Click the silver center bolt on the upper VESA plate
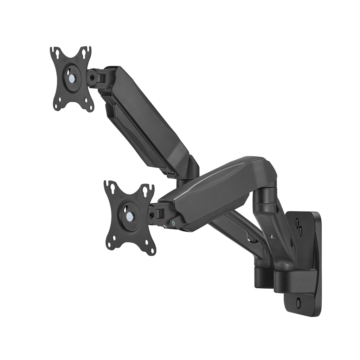point(72,77)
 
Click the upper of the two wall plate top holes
point(298,223)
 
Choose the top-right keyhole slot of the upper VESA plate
point(84,53)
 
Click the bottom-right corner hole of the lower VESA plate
point(150,250)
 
